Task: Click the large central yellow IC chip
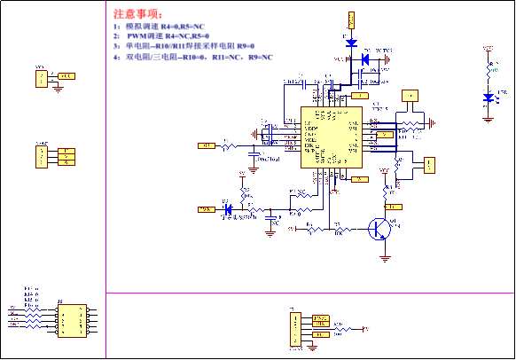pos(331,137)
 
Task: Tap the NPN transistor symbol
pos(382,229)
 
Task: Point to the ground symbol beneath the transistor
pos(385,257)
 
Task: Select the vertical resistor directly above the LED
pos(489,71)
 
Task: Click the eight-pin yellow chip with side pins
pos(72,321)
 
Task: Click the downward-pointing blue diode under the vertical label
pos(352,42)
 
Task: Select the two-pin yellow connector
pos(42,78)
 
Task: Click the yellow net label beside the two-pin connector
pos(66,76)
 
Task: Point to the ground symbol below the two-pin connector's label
pos(58,88)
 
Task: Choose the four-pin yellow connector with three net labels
pos(42,156)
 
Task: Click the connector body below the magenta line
pos(296,329)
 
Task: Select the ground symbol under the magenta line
pos(315,345)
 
